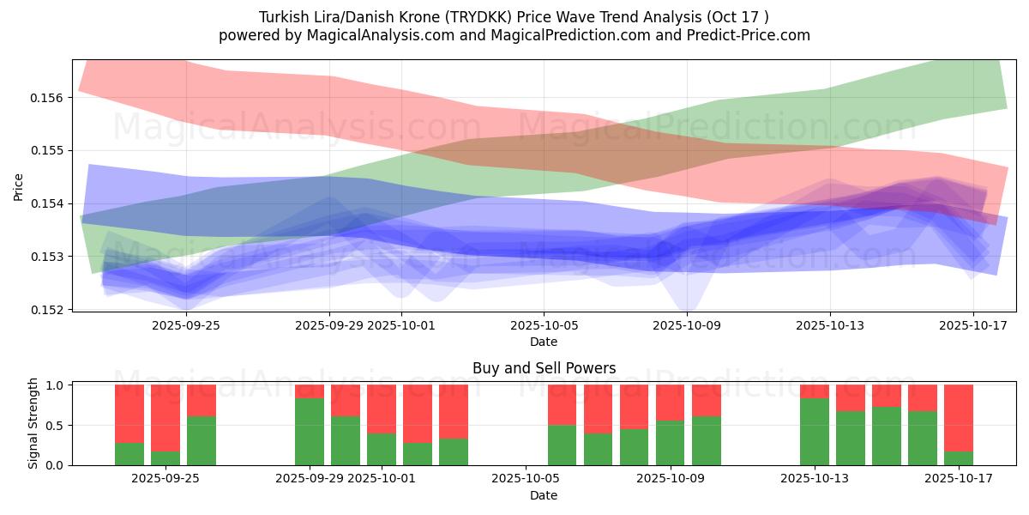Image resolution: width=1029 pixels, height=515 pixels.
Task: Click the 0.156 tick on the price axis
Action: point(52,98)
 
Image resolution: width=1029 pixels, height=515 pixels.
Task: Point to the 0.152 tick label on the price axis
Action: point(52,309)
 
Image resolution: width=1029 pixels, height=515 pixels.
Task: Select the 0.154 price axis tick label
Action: point(52,203)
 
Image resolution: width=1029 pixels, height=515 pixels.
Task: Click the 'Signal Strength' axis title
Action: point(33,424)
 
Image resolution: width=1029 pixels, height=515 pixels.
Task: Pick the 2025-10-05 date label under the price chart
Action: point(543,326)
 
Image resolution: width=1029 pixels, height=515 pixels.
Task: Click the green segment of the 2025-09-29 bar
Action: point(310,432)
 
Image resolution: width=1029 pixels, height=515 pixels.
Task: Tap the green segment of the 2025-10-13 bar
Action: point(815,432)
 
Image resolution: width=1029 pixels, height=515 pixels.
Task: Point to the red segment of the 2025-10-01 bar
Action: point(382,409)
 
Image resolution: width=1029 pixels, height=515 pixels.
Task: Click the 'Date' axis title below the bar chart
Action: point(544,495)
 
